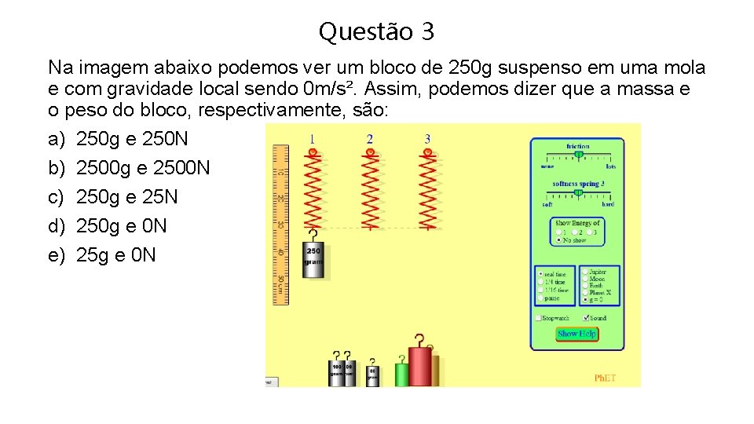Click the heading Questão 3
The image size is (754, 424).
tap(376, 32)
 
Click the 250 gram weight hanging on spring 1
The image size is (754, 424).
tap(313, 260)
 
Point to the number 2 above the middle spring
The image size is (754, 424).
tap(369, 139)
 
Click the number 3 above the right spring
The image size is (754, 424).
tap(427, 139)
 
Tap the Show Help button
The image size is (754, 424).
tap(576, 334)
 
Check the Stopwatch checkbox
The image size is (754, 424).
tap(539, 318)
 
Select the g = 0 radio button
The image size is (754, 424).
tap(585, 300)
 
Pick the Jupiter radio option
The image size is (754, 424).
tap(585, 272)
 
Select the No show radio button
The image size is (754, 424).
tap(558, 240)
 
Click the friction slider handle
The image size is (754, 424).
tap(578, 155)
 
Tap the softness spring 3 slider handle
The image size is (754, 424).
tap(576, 192)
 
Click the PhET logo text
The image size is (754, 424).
tap(605, 378)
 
